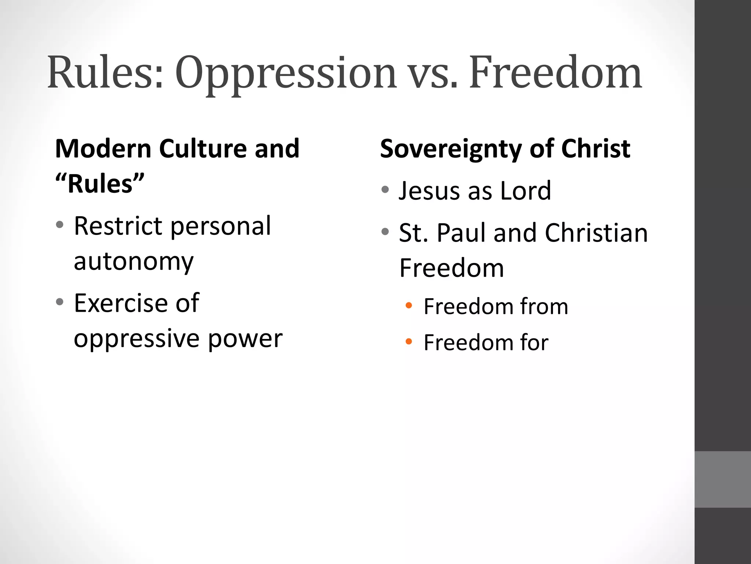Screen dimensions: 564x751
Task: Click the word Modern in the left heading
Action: (103, 149)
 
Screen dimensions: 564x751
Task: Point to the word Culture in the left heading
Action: (203, 149)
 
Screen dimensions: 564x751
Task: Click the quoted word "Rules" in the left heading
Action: (100, 184)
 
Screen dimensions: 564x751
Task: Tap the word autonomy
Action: (133, 261)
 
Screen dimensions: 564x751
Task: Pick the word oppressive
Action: (136, 339)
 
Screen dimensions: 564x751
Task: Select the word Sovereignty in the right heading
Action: (451, 149)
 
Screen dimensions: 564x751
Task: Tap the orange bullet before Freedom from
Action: (409, 305)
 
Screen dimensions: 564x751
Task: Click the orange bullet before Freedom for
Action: (409, 342)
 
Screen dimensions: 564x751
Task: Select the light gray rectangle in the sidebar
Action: (723, 479)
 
